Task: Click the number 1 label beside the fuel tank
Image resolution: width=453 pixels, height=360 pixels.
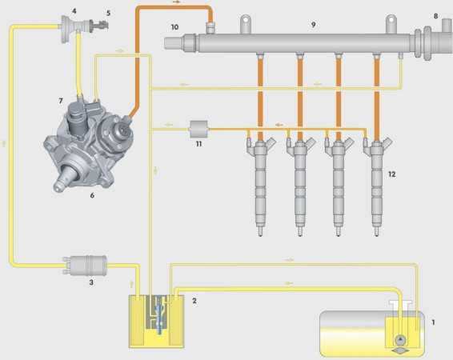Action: point(433,322)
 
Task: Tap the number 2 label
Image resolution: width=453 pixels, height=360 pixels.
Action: point(194,301)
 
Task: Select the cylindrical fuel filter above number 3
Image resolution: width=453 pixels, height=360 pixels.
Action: point(85,265)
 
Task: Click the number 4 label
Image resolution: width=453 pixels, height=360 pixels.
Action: point(74,11)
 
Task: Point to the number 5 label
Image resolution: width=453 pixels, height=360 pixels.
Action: point(108,13)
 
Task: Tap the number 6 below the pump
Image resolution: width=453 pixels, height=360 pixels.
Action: point(92,195)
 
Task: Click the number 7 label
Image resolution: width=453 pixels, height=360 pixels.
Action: point(61,101)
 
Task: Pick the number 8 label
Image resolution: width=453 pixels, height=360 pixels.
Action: point(436,16)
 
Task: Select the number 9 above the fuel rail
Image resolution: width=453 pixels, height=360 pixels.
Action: point(314,25)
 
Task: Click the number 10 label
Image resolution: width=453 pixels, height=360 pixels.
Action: point(174,27)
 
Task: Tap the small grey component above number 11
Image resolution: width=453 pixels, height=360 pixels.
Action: point(198,129)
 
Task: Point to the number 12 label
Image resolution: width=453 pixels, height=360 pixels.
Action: point(391,174)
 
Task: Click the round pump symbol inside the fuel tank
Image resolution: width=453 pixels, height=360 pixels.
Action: point(400,339)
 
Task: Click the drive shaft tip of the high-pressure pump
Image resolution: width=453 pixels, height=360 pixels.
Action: point(57,187)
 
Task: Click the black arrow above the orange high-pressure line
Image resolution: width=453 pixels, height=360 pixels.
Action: point(176,2)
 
